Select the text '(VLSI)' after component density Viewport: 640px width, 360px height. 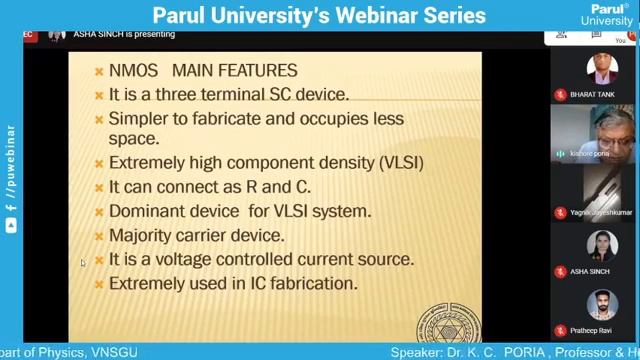click(x=398, y=162)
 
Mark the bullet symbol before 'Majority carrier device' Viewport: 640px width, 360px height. click(x=99, y=236)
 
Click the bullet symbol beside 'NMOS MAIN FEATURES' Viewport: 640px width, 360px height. click(x=99, y=71)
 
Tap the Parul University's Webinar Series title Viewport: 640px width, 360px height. click(x=319, y=16)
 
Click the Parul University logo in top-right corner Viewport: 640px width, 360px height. click(x=606, y=15)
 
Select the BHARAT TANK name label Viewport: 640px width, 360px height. click(x=592, y=94)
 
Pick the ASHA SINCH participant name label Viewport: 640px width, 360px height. click(x=590, y=272)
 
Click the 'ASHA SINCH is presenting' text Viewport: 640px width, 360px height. click(x=124, y=34)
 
